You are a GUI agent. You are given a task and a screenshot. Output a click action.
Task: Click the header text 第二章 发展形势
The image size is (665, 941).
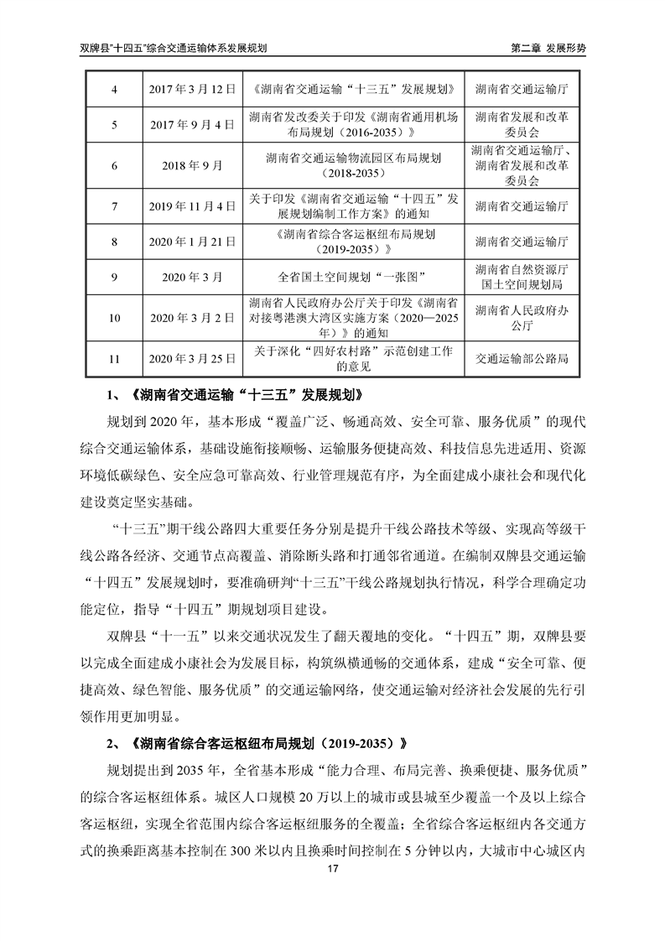(548, 49)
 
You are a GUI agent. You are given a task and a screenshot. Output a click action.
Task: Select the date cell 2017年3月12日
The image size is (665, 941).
(187, 88)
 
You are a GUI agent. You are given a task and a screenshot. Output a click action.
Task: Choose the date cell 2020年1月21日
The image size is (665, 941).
(187, 242)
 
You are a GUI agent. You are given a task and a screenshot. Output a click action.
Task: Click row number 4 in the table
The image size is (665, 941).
(115, 88)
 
